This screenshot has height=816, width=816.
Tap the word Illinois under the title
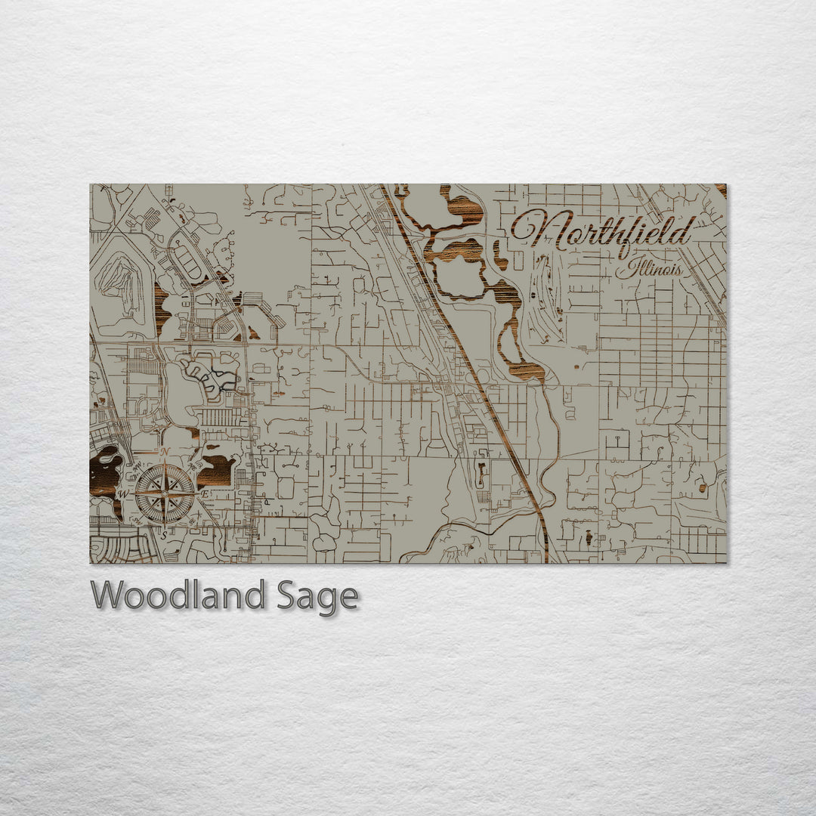pyautogui.click(x=649, y=268)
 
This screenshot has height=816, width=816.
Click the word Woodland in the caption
pyautogui.click(x=178, y=596)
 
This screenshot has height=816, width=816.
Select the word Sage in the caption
pyautogui.click(x=317, y=598)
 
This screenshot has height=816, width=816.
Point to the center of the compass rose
pyautogui.click(x=164, y=493)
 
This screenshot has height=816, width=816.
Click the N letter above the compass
pyautogui.click(x=165, y=452)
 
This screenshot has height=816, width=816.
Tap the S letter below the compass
pyautogui.click(x=164, y=533)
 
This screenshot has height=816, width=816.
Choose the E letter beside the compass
pyautogui.click(x=205, y=493)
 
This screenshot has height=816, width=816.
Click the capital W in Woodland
pyautogui.click(x=107, y=595)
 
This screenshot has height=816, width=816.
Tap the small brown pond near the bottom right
pyautogui.click(x=589, y=538)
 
